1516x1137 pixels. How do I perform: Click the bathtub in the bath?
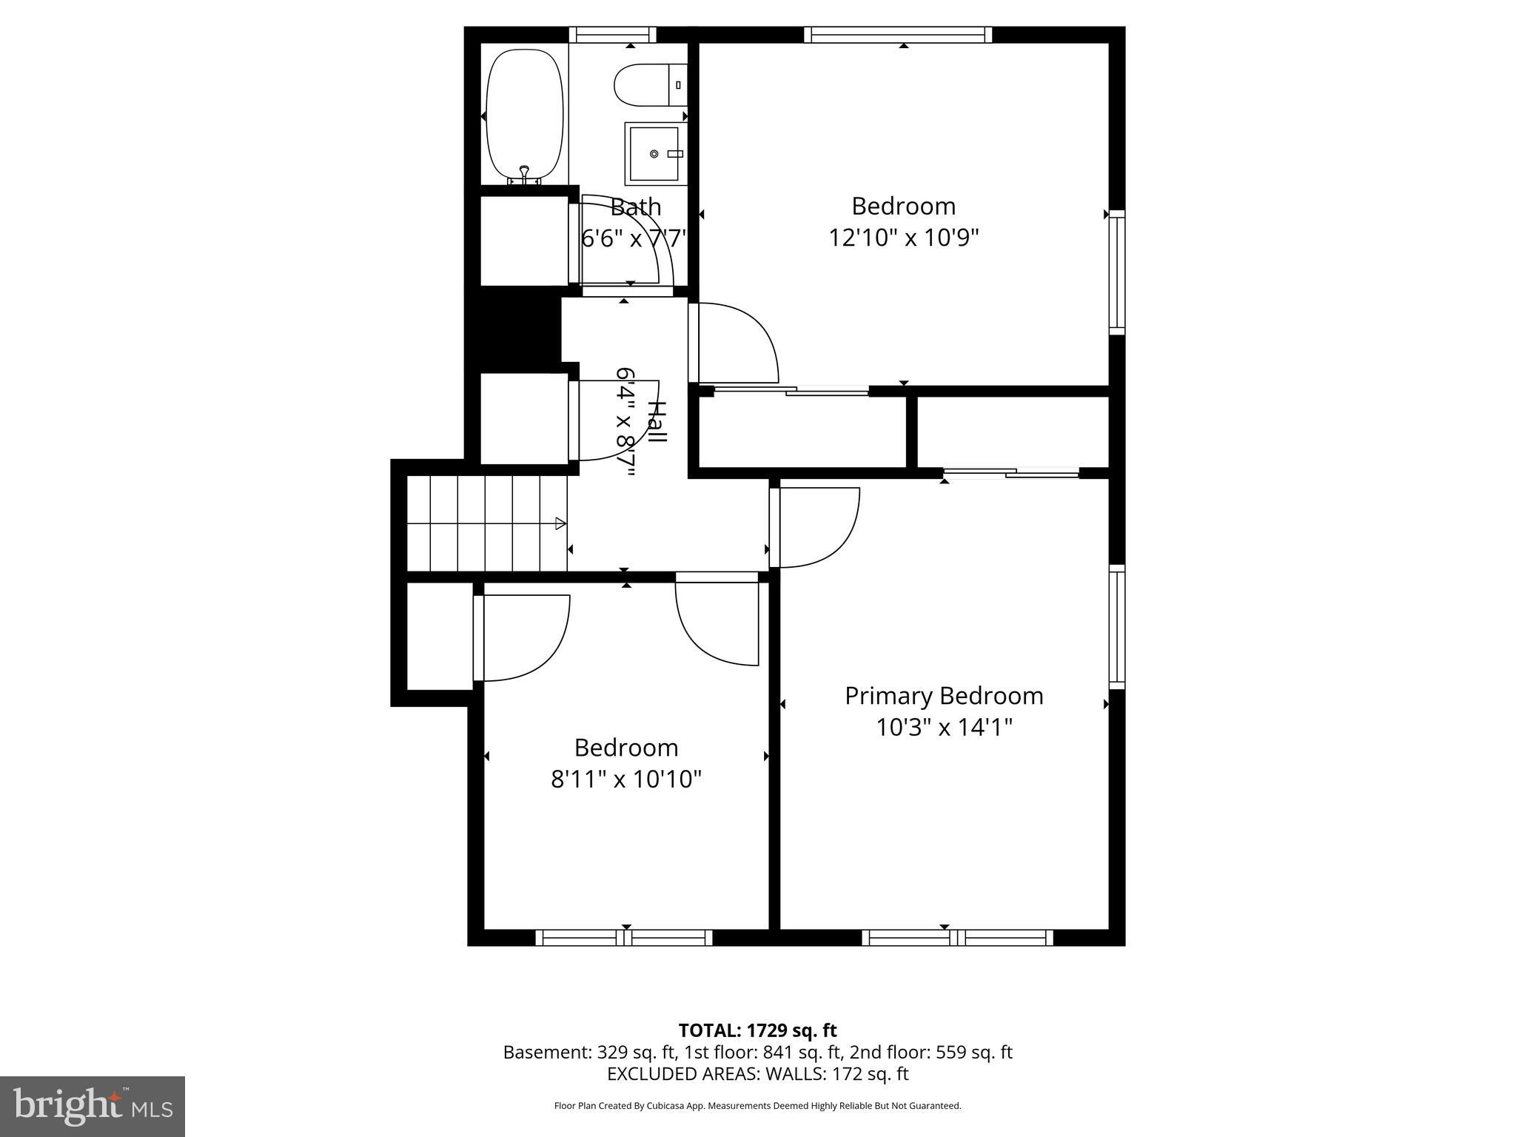tap(524, 115)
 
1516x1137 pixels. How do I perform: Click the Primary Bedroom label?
tap(944, 696)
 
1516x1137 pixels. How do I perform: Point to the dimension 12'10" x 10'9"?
tap(903, 238)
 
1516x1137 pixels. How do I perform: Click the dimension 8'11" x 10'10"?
tap(625, 779)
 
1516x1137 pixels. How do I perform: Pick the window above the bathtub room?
tap(612, 35)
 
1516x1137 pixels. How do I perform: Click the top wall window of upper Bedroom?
tap(897, 35)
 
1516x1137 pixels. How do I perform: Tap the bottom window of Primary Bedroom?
tap(957, 938)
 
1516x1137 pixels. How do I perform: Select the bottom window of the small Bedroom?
tap(624, 938)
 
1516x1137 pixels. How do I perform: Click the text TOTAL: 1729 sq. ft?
tap(757, 1030)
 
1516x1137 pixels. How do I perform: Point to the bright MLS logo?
tap(93, 1106)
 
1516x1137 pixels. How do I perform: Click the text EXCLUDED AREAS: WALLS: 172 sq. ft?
tap(757, 1074)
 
